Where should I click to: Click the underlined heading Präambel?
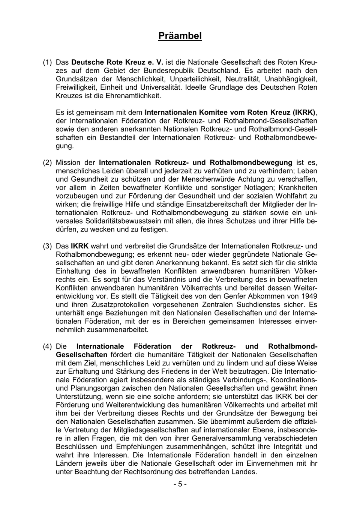coord(180,36)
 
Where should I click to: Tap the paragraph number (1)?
coord(47,62)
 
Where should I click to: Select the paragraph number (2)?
coord(47,162)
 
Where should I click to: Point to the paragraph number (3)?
coord(47,246)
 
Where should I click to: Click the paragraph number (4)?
coord(47,346)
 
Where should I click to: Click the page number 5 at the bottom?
coord(180,484)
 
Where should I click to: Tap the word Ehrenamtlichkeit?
coord(131,96)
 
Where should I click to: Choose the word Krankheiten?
coord(298,188)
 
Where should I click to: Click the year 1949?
coord(309,296)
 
